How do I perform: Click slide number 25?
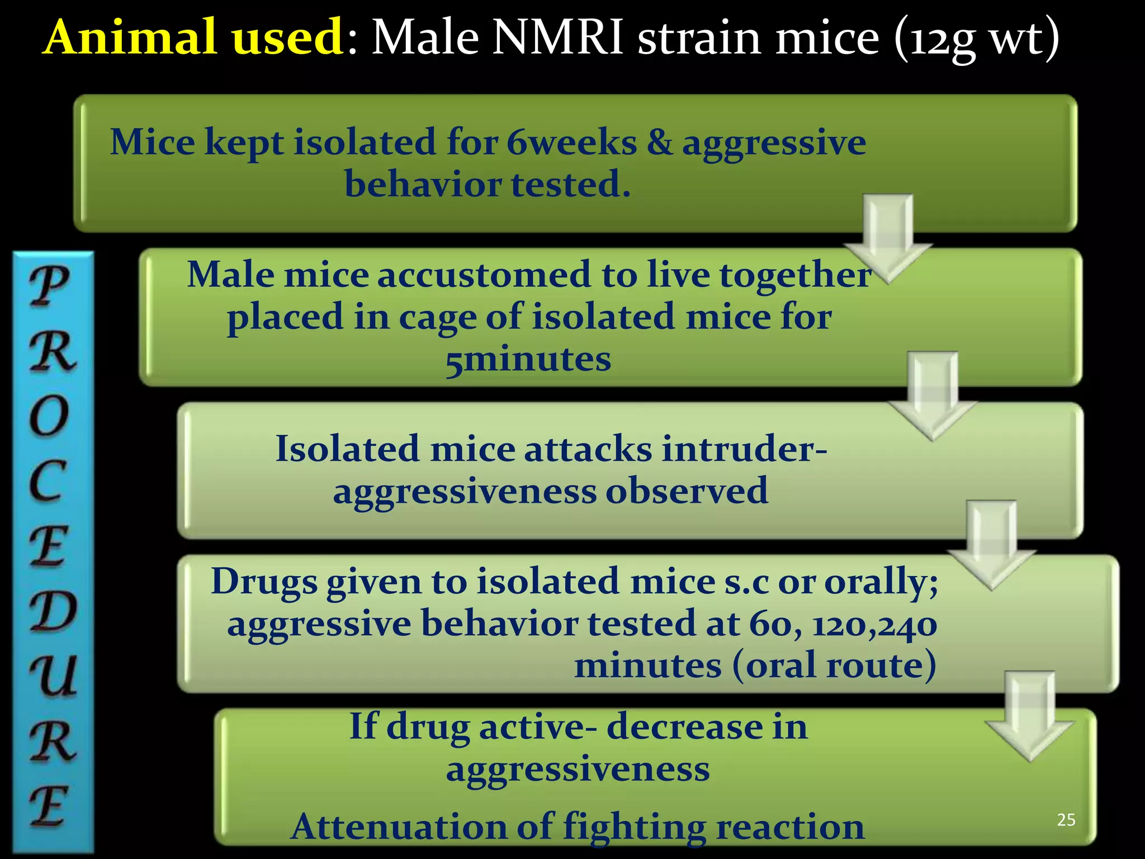tap(1066, 820)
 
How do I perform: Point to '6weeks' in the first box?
tap(571, 142)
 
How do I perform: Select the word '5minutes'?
tap(528, 359)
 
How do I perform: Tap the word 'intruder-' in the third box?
tap(744, 449)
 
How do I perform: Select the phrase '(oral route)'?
tap(834, 666)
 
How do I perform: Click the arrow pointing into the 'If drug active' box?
tap(1029, 715)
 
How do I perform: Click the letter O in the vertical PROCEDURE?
tap(49, 417)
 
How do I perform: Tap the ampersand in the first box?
tap(660, 142)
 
